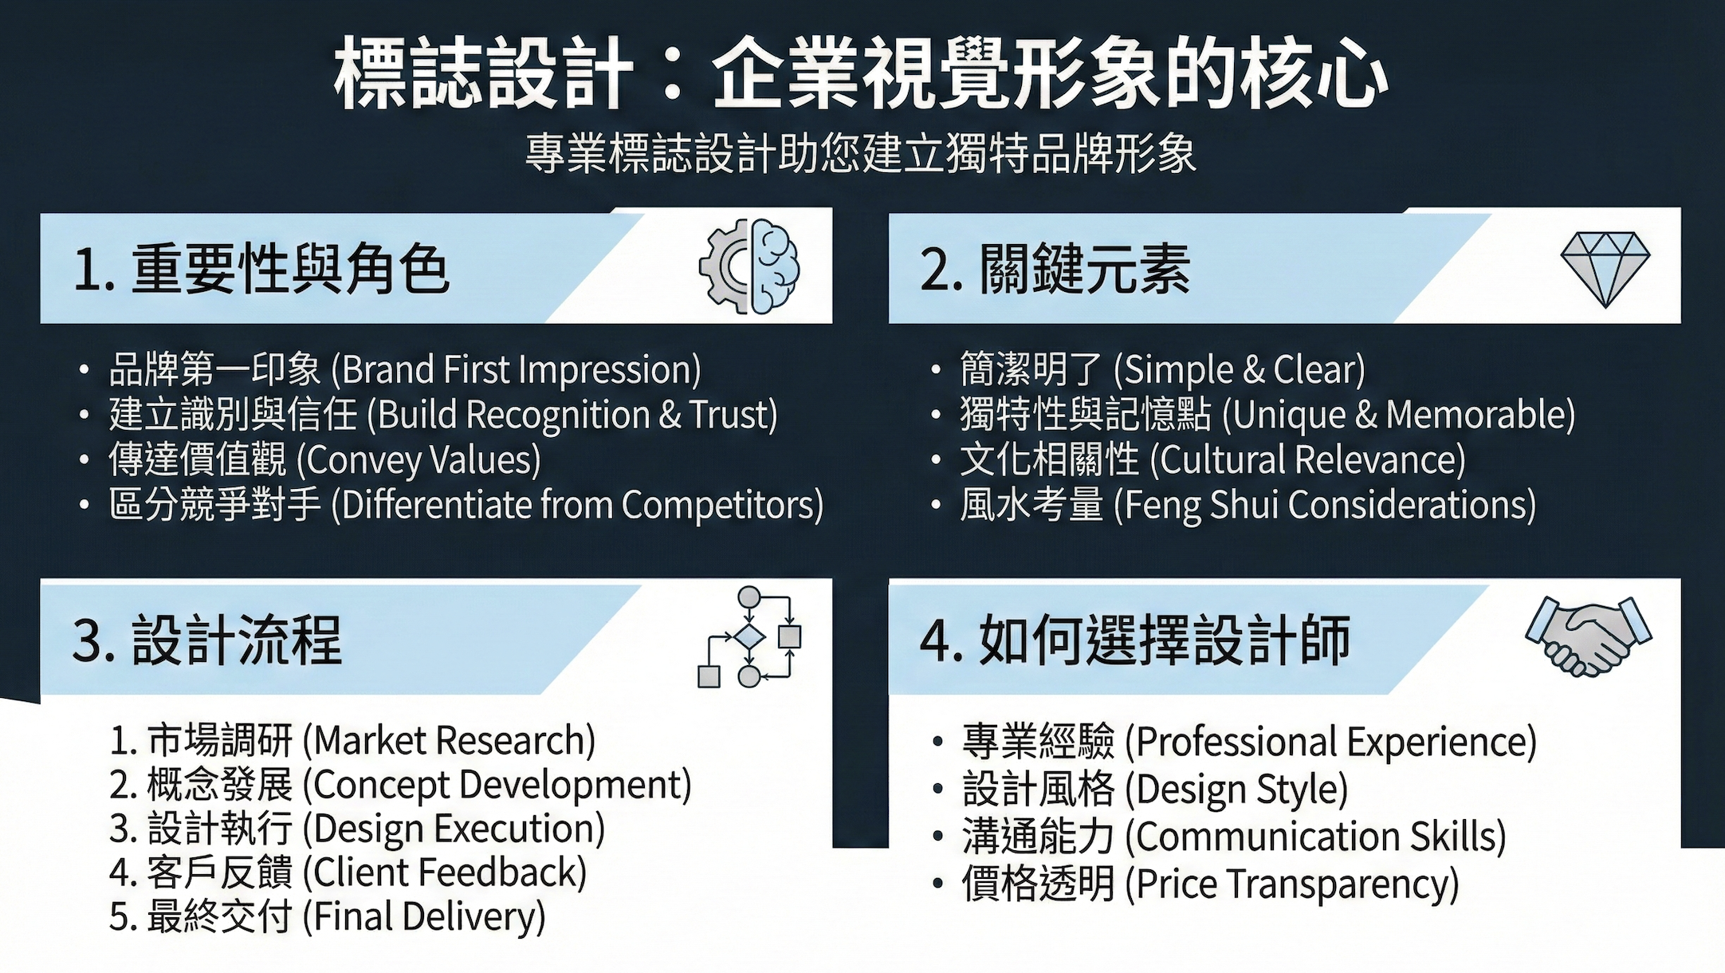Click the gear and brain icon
click(749, 266)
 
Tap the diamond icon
click(1604, 269)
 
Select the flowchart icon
click(749, 637)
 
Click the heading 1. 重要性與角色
click(261, 269)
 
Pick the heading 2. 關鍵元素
click(1055, 269)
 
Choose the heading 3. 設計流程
click(206, 640)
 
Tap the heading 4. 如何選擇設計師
click(1134, 640)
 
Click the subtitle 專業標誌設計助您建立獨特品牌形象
click(861, 154)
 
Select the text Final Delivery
click(429, 916)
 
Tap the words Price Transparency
click(1295, 884)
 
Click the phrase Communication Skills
click(1319, 837)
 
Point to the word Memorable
click(1478, 415)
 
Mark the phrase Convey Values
click(418, 460)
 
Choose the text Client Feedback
click(449, 873)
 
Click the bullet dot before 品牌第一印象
click(84, 371)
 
